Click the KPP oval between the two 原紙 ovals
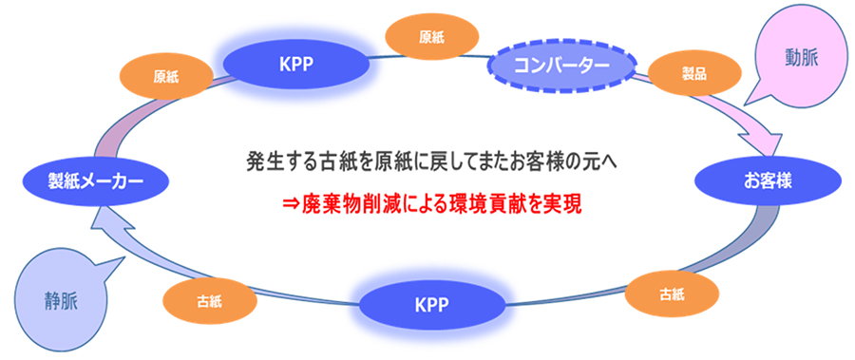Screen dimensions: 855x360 [296, 64]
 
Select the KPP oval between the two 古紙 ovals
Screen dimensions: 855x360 [431, 303]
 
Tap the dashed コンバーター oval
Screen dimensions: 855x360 [561, 65]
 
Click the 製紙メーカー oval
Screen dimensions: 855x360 [90, 180]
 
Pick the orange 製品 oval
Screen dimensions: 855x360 [694, 74]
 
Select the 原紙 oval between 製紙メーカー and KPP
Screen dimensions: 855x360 [165, 77]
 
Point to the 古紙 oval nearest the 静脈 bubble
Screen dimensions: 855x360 [210, 300]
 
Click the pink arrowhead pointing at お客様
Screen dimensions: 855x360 [769, 142]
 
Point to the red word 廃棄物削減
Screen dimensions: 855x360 [344, 204]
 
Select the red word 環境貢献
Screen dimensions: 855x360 [478, 204]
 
